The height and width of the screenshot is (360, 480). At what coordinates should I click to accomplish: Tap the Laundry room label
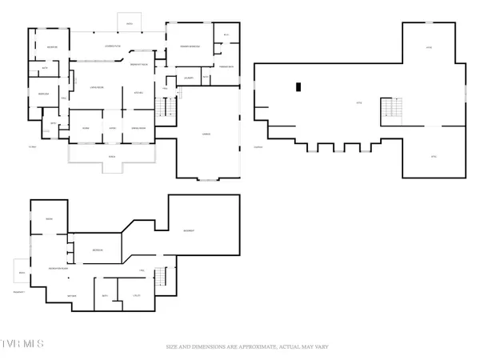tap(189, 78)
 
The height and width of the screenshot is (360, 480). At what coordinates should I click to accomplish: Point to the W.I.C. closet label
tap(226, 34)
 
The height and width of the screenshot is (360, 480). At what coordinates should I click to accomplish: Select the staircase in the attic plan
tap(391, 110)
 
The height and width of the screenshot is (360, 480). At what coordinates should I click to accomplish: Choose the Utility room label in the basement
tap(136, 296)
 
